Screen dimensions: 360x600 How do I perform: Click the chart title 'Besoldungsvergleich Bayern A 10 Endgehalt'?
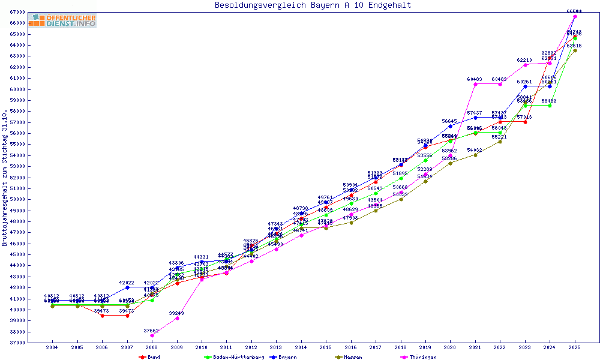click(313, 5)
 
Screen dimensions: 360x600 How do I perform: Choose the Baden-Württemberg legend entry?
click(234, 357)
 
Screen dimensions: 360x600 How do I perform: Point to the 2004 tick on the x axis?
click(52, 347)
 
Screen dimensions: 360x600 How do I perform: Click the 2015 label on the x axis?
click(326, 347)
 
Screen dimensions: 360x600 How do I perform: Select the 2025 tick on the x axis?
click(575, 347)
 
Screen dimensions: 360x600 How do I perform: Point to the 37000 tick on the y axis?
click(17, 343)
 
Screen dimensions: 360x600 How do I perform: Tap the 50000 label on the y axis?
click(17, 199)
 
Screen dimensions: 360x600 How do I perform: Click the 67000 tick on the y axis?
click(17, 12)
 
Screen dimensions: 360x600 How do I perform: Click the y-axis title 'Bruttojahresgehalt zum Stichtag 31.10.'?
click(5, 178)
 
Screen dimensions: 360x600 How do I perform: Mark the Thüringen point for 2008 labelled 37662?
click(152, 335)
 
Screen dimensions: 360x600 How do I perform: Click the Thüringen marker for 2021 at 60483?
click(475, 84)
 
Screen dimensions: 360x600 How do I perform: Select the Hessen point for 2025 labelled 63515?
click(575, 50)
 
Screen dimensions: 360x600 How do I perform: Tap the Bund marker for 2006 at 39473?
click(102, 316)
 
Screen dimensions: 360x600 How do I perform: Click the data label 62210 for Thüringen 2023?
click(524, 60)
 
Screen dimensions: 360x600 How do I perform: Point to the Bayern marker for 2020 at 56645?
click(450, 126)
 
